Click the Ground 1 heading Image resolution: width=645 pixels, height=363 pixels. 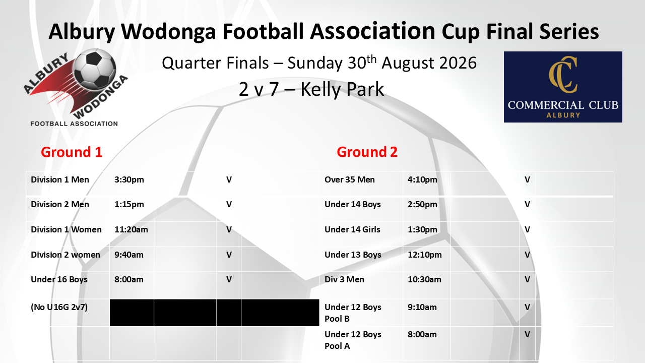72,152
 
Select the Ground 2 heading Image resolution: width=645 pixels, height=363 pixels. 367,152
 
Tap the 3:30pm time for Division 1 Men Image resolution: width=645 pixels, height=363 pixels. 129,180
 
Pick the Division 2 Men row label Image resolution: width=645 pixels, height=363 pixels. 60,204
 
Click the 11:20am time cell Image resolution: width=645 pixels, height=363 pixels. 132,229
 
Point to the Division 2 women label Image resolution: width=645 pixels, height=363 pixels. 66,255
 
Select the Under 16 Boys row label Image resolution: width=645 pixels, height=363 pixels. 59,279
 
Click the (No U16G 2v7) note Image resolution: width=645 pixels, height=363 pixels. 59,307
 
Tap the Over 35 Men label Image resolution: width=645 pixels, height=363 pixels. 350,180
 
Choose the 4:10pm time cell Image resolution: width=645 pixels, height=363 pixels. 422,180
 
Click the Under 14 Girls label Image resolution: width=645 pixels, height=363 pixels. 352,229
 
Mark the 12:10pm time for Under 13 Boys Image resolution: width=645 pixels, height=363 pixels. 424,255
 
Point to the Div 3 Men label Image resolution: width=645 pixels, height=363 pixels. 344,279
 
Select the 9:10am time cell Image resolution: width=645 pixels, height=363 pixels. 422,307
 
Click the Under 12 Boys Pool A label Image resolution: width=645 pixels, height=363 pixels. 353,340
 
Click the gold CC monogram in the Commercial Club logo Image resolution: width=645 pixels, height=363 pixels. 563,75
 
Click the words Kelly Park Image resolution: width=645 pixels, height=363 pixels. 342,89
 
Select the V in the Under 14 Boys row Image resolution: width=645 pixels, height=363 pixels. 527,205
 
